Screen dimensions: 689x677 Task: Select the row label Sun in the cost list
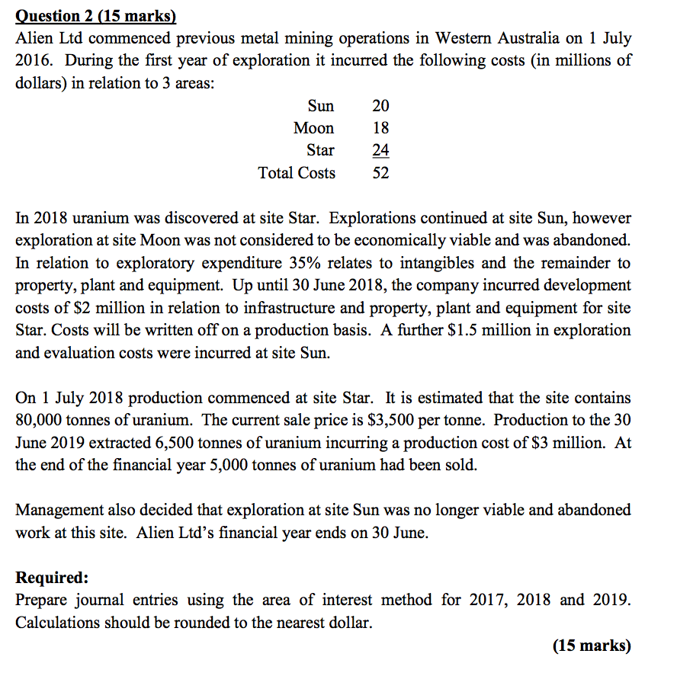320,106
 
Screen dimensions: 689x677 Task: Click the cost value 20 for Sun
380,106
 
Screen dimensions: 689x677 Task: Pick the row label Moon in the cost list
313,128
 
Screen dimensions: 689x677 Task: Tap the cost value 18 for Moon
380,128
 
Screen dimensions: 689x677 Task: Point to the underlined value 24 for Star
380,150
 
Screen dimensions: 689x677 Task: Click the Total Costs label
297,173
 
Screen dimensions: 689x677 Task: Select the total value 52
380,173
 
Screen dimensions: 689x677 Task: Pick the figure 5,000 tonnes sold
231,465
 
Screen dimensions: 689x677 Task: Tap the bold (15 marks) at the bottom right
592,646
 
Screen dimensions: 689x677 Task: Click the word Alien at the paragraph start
32,38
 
